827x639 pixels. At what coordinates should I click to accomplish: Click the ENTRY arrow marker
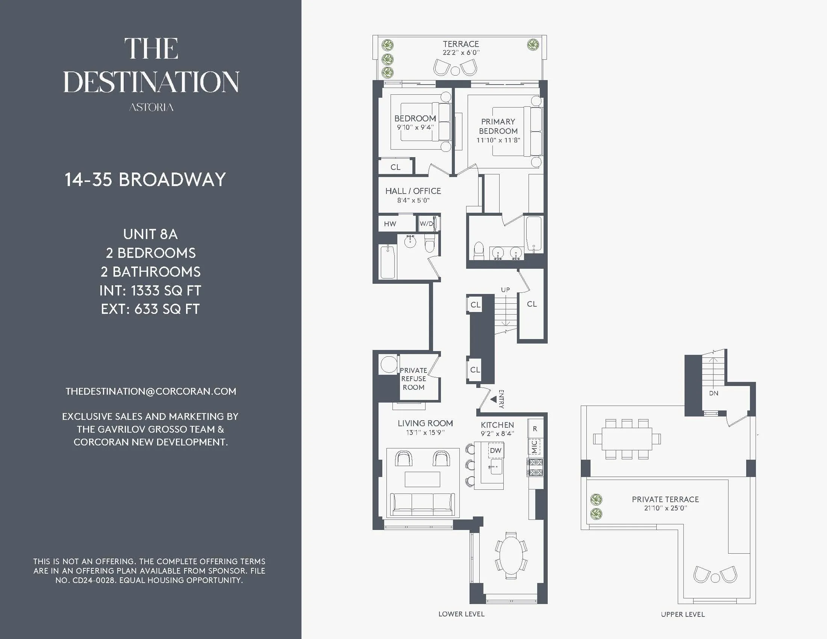pos(494,399)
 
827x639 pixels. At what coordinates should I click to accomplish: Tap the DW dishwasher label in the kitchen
pos(496,450)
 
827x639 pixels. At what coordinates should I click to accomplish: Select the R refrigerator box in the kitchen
pos(535,429)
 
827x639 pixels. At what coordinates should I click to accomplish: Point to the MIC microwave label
pos(534,447)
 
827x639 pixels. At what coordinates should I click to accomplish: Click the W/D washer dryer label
pos(426,224)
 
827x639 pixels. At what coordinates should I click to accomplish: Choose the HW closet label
pos(390,224)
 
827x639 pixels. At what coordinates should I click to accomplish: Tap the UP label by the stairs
pos(506,290)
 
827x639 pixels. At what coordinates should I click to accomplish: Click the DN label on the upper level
pos(714,393)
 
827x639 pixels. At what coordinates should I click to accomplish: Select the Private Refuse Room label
pos(413,379)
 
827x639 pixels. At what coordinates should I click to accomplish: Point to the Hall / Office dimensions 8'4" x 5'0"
pos(413,200)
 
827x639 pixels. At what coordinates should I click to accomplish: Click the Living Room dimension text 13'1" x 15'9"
pos(425,432)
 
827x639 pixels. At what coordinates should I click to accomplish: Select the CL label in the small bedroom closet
pos(395,167)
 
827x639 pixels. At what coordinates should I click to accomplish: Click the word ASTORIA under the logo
pos(151,108)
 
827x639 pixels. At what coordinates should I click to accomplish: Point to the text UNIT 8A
pos(150,234)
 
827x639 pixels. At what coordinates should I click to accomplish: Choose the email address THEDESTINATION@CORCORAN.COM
pos(151,391)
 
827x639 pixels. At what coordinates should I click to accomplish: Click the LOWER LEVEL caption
pos(461,614)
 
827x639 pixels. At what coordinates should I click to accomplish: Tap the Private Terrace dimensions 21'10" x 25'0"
pos(665,509)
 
